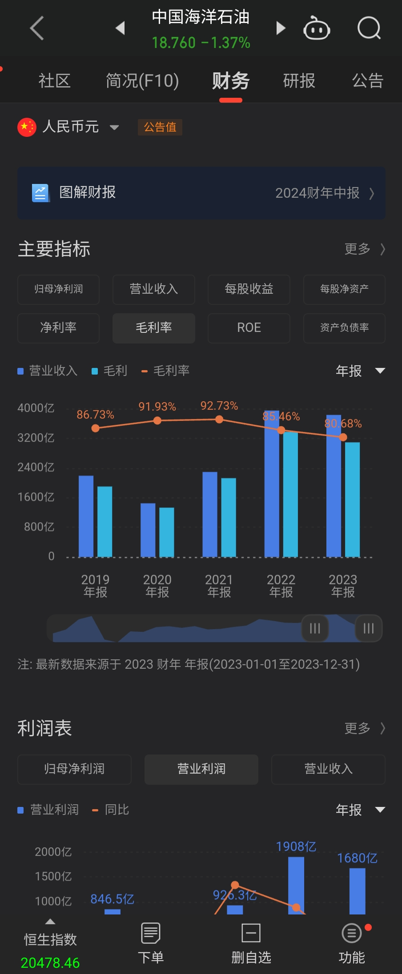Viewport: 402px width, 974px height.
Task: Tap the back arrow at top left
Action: click(37, 28)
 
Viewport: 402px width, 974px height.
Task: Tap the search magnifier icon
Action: click(369, 28)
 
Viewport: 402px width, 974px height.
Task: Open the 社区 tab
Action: click(54, 81)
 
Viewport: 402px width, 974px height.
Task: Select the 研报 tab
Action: click(299, 81)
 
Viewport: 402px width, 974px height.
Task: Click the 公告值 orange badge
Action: click(160, 127)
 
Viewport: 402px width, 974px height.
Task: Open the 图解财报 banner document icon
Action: click(40, 193)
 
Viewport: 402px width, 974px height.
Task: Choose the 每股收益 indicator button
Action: click(249, 289)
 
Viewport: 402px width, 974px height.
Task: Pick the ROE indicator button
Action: click(249, 328)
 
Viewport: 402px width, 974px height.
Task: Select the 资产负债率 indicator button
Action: click(344, 328)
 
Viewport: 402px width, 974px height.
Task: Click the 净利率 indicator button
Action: click(58, 328)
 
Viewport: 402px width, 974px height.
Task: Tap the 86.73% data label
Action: click(95, 415)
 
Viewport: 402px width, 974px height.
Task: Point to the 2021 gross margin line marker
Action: click(219, 419)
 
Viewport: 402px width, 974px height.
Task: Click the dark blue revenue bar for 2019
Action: click(86, 515)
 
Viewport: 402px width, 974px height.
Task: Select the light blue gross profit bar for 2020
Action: click(167, 531)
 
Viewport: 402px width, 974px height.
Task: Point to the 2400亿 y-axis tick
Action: click(36, 467)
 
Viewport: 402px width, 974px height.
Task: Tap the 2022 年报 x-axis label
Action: click(281, 586)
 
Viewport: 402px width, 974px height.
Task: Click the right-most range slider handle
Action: click(369, 628)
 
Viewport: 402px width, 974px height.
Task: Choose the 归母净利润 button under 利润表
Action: click(74, 769)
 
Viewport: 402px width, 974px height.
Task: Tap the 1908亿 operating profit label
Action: click(296, 846)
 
